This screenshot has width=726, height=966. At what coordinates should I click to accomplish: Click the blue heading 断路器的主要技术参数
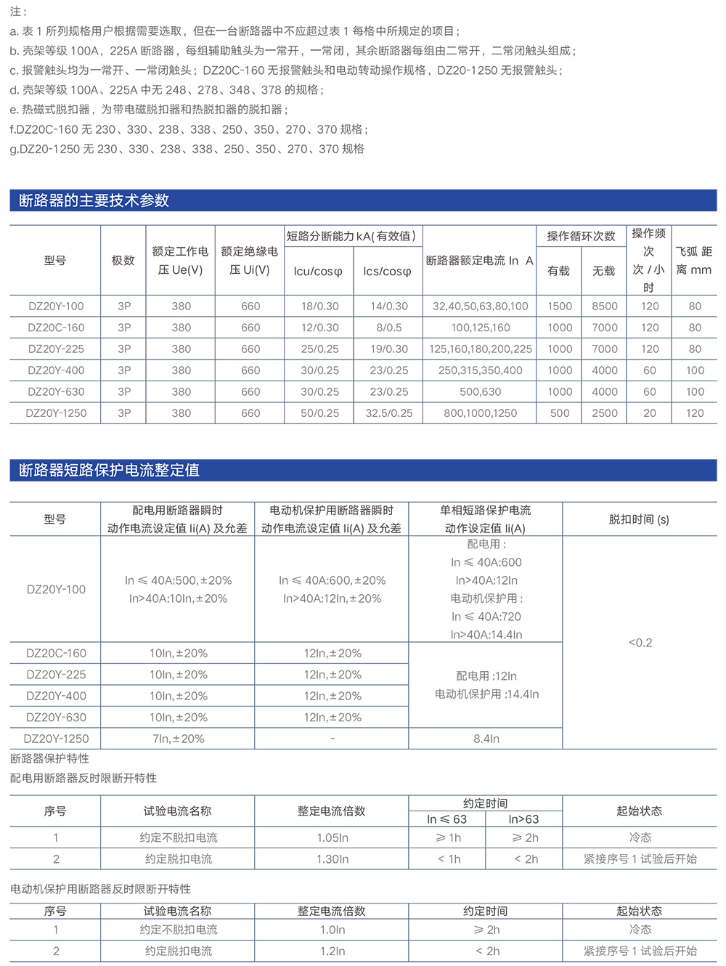(x=94, y=200)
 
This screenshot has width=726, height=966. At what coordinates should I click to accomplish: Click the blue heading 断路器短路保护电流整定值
(x=109, y=470)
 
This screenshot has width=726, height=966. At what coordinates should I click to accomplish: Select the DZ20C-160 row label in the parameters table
(x=56, y=328)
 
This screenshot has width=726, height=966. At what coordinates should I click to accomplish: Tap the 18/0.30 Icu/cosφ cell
(x=320, y=307)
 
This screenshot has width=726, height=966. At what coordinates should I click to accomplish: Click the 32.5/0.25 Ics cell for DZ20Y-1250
(x=389, y=413)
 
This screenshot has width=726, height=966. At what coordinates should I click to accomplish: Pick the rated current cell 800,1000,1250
(x=481, y=413)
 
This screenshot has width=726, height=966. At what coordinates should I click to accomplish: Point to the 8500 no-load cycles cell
(x=605, y=307)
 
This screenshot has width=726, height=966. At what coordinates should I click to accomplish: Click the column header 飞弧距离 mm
(x=694, y=260)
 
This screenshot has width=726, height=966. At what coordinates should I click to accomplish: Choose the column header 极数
(x=123, y=260)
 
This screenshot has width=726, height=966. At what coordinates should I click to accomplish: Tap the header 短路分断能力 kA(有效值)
(x=352, y=236)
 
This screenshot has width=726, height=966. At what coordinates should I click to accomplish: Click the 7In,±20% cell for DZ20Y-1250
(x=178, y=739)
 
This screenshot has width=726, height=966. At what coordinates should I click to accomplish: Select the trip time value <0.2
(x=640, y=643)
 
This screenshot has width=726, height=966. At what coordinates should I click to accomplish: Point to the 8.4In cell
(x=486, y=739)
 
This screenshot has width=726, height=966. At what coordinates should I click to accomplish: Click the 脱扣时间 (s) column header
(x=639, y=519)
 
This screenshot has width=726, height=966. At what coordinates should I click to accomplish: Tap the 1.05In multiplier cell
(x=333, y=837)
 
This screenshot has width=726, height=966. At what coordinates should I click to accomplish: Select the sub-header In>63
(x=523, y=819)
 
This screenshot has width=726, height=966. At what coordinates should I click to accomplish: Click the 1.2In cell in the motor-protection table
(x=333, y=951)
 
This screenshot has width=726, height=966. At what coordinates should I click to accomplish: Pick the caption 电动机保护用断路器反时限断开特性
(x=101, y=889)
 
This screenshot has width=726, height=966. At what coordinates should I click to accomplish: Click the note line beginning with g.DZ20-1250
(x=187, y=149)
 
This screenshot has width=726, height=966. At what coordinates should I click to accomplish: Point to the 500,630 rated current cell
(x=481, y=391)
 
